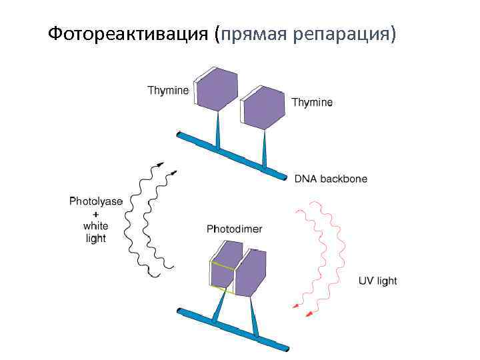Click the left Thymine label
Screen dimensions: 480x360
coord(168,91)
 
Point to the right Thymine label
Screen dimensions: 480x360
coord(312,103)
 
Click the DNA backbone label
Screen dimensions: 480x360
coord(331,179)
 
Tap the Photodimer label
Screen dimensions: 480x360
coord(234,229)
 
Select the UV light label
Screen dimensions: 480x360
coord(378,281)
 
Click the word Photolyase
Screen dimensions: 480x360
coord(96,201)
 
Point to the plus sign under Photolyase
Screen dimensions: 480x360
coord(96,214)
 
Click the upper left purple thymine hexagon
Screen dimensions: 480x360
coord(216,89)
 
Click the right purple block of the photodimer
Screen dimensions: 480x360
coord(252,273)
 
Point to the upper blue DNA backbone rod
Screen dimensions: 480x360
coord(233,155)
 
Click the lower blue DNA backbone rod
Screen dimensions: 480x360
coord(233,329)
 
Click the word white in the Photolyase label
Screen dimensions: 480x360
coord(96,226)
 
